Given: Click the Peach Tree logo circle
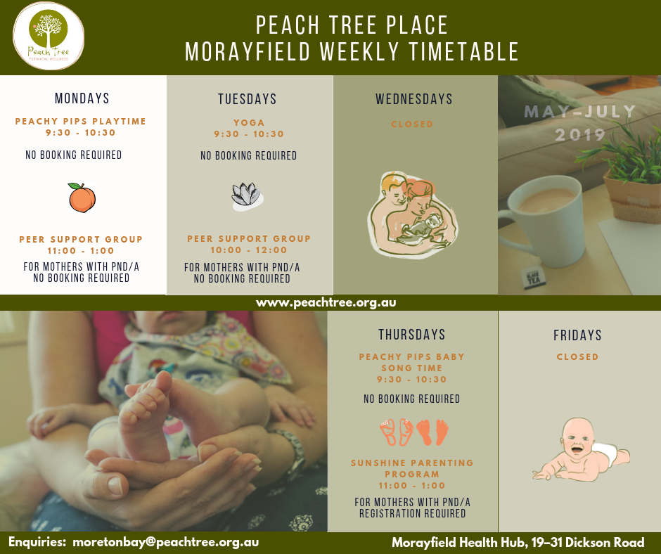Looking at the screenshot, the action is click(x=49, y=37).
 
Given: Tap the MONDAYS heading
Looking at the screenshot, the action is click(x=82, y=98).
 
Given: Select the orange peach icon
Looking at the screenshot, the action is click(x=82, y=198).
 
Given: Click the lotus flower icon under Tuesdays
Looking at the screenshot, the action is click(x=248, y=196).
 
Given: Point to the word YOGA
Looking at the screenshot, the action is click(x=249, y=123).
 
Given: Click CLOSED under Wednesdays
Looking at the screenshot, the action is click(x=412, y=124).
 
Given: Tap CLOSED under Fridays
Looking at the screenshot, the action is click(x=577, y=356).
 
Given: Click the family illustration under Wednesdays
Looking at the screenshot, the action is click(x=412, y=214).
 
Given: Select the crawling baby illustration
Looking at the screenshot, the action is click(x=582, y=450).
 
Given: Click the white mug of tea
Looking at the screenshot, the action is click(x=541, y=219).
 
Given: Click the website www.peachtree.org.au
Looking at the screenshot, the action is click(x=326, y=303).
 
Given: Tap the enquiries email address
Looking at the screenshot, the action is click(x=166, y=542).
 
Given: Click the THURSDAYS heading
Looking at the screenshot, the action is click(x=412, y=335).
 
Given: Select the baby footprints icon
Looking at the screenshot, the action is click(x=413, y=432).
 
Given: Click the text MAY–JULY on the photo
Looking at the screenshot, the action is click(x=580, y=112).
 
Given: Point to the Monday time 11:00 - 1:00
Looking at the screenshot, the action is click(x=81, y=251).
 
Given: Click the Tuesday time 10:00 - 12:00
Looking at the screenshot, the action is click(x=249, y=250).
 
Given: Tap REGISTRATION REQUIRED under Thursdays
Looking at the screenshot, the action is click(x=412, y=513).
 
